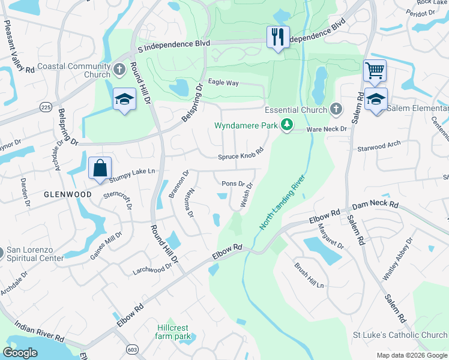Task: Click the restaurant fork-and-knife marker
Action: (278, 37)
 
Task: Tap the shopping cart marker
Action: (375, 71)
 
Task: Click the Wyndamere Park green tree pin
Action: (288, 125)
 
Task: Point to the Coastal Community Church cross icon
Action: (119, 69)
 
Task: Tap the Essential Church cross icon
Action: (336, 109)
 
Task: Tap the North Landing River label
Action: (283, 202)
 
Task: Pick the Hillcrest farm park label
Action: (173, 332)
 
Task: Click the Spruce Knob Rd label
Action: (241, 155)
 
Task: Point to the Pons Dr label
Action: (233, 184)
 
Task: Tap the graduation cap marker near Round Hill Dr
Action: (124, 99)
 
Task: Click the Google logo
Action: (20, 353)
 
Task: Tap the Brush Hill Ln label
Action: (309, 274)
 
